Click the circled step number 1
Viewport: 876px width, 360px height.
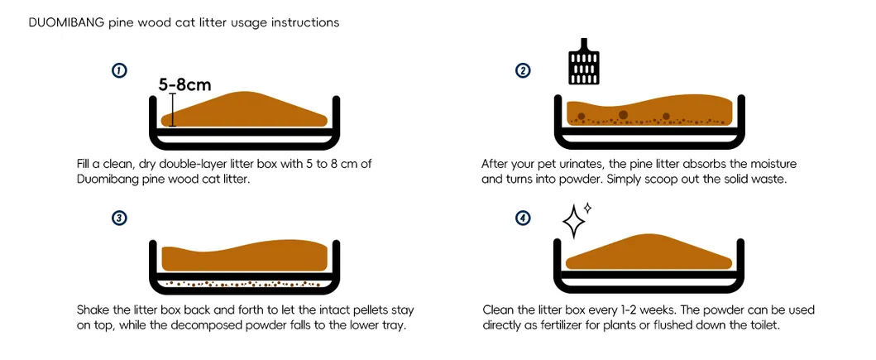point(118,71)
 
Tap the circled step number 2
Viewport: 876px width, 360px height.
point(523,71)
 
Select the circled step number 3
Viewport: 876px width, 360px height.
point(118,218)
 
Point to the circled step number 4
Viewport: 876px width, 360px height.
point(523,218)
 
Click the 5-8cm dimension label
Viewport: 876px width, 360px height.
point(185,84)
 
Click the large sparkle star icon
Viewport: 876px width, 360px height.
point(573,221)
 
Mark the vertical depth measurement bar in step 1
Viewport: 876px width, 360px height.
point(172,109)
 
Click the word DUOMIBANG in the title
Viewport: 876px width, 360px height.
point(66,23)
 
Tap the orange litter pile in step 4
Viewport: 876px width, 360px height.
point(649,255)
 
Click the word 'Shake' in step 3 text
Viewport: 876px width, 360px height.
point(93,310)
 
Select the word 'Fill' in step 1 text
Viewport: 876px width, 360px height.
point(85,164)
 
